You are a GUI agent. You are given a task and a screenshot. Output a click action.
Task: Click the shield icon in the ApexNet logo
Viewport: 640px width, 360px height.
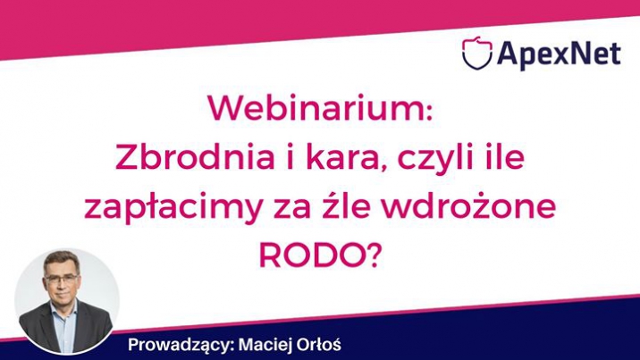click(476, 53)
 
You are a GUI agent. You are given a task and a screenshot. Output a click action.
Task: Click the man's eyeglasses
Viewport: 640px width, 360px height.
click(62, 279)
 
